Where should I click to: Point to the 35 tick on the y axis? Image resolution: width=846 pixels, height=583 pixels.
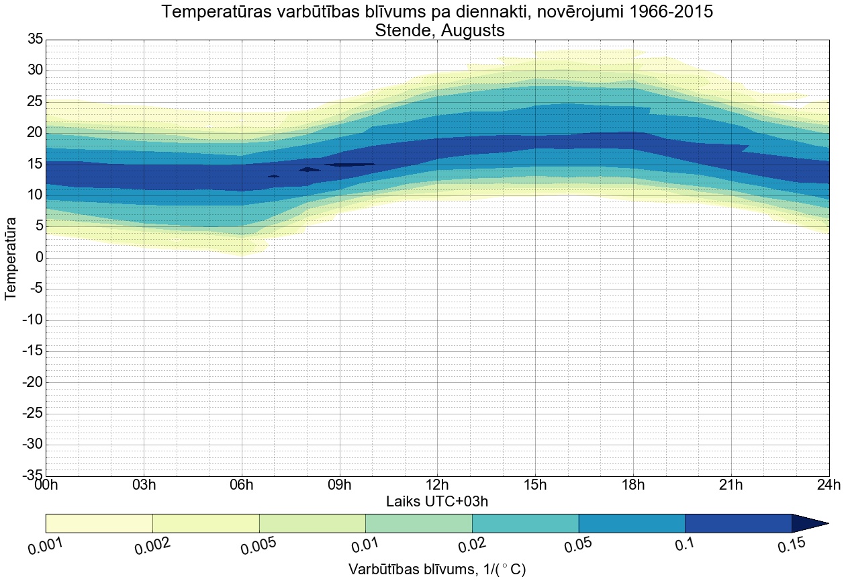tap(35, 40)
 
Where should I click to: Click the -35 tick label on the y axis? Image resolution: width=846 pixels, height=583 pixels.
tap(32, 476)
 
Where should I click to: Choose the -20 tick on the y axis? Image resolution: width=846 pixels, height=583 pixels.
tap(32, 382)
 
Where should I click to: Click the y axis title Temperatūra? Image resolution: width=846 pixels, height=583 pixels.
tap(11, 258)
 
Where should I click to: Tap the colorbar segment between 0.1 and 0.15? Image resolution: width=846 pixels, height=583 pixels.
tap(738, 523)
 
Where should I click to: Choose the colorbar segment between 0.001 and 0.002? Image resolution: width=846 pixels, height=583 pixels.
tap(99, 523)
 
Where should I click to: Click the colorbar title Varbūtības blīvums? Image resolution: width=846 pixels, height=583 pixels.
tap(410, 570)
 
